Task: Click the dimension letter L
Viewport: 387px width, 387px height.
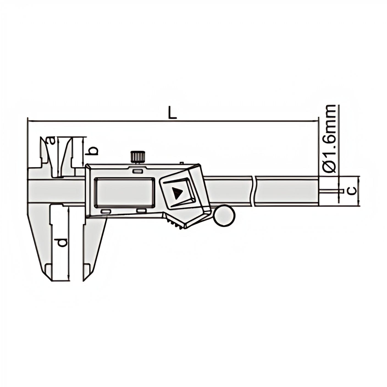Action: [x=172, y=113]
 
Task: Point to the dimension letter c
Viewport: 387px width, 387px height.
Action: [x=352, y=190]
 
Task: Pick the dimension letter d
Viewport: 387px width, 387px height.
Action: [x=63, y=242]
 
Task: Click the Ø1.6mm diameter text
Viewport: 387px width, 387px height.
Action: [x=330, y=139]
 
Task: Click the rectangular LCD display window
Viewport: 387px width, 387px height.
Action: [x=124, y=192]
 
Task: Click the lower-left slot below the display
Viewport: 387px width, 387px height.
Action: [x=106, y=211]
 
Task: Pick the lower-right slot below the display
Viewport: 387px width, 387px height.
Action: [x=141, y=211]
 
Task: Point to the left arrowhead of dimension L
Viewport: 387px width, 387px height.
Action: [x=29, y=121]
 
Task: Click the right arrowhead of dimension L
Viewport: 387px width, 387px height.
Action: [x=317, y=121]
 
